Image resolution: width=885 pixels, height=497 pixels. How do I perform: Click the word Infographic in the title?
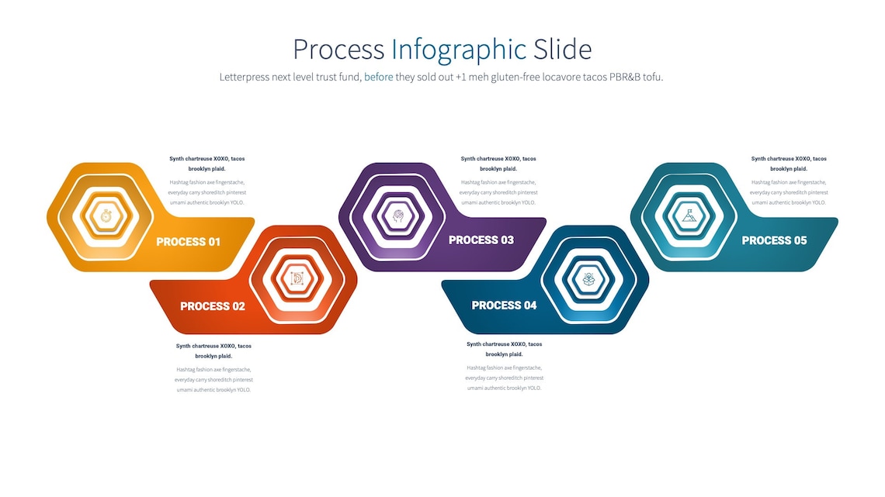click(x=459, y=50)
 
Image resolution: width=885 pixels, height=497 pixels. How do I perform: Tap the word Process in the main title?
click(x=338, y=50)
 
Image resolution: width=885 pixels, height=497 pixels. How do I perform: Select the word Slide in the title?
click(x=562, y=50)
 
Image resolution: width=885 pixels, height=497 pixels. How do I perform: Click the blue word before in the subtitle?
click(x=379, y=77)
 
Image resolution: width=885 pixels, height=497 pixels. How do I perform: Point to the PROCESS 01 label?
click(x=189, y=242)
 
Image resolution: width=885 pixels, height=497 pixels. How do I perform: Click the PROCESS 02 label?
click(x=213, y=306)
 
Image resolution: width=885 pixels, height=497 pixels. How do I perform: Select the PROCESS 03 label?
click(x=481, y=240)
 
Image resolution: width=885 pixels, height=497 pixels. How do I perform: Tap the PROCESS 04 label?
click(x=504, y=305)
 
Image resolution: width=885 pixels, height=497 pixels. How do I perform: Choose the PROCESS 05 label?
click(x=774, y=240)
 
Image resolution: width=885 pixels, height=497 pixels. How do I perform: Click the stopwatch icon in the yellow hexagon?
click(x=106, y=215)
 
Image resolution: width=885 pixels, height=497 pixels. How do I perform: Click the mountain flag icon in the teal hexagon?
click(x=689, y=215)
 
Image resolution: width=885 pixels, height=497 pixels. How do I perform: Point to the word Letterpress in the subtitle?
click(x=245, y=77)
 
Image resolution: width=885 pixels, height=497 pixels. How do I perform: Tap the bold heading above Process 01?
click(x=207, y=164)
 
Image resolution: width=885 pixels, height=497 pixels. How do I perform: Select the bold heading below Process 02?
click(x=213, y=350)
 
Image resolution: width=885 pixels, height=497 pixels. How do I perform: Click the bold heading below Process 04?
click(x=505, y=349)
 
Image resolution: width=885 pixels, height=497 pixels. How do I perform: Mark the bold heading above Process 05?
click(x=789, y=164)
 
